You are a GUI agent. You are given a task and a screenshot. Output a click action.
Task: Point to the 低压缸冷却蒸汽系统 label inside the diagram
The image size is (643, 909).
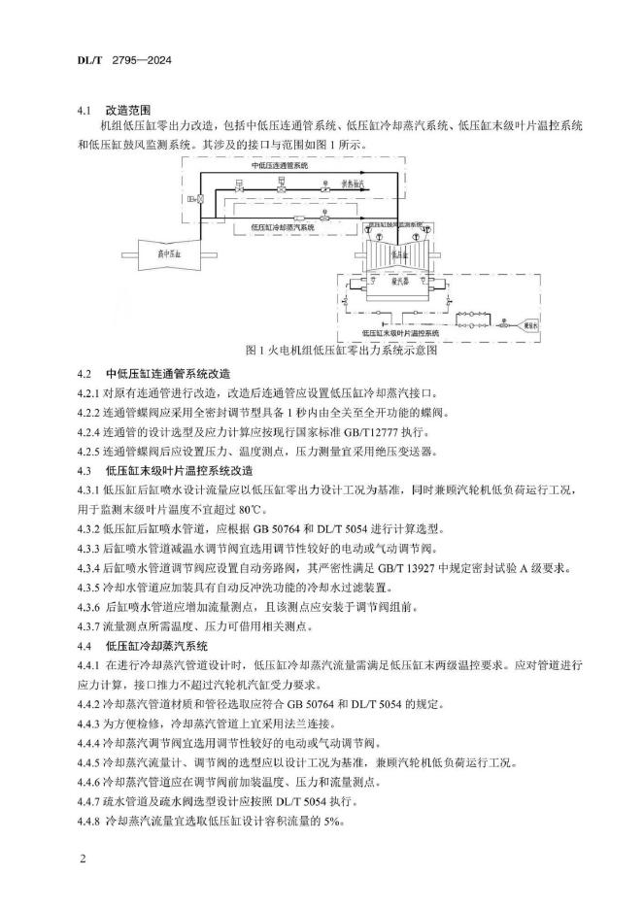(x=284, y=226)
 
